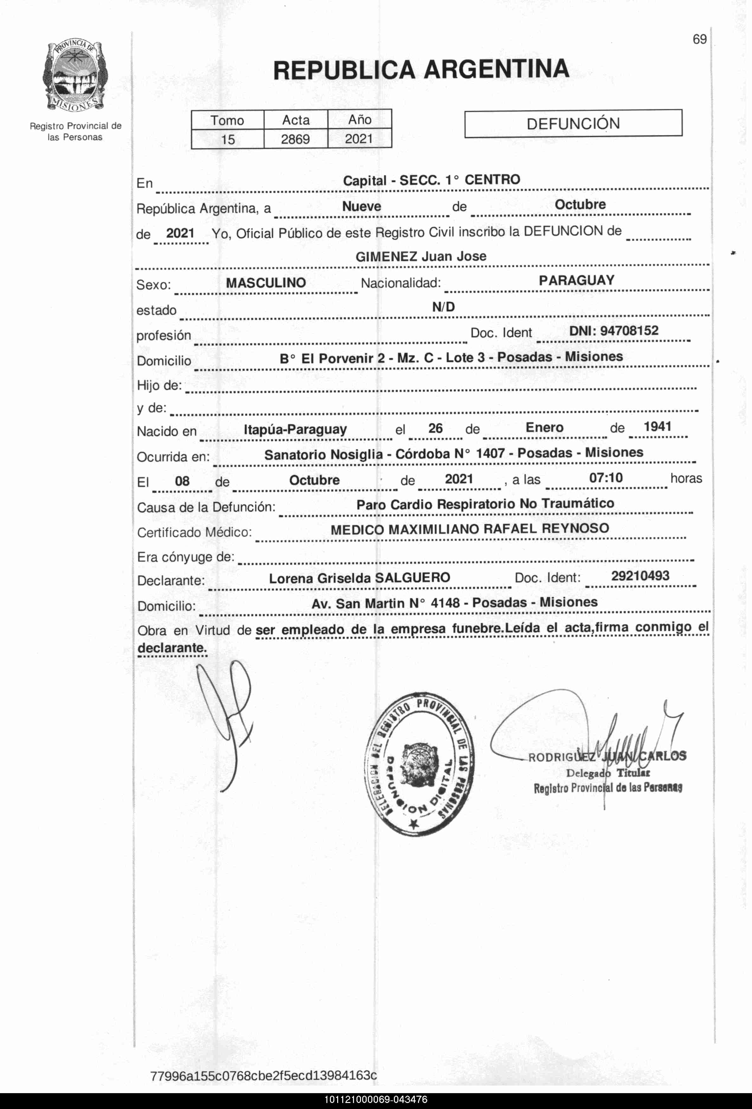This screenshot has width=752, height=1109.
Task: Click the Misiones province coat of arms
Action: click(75, 77)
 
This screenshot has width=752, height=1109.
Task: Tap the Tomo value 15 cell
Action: click(228, 139)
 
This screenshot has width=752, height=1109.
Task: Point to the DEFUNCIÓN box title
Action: click(573, 124)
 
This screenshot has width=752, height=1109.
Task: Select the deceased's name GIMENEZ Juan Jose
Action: click(421, 256)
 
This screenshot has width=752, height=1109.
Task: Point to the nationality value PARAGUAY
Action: click(576, 280)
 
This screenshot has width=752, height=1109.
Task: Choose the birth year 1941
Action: click(657, 427)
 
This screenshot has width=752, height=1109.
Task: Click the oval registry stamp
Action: click(419, 763)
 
